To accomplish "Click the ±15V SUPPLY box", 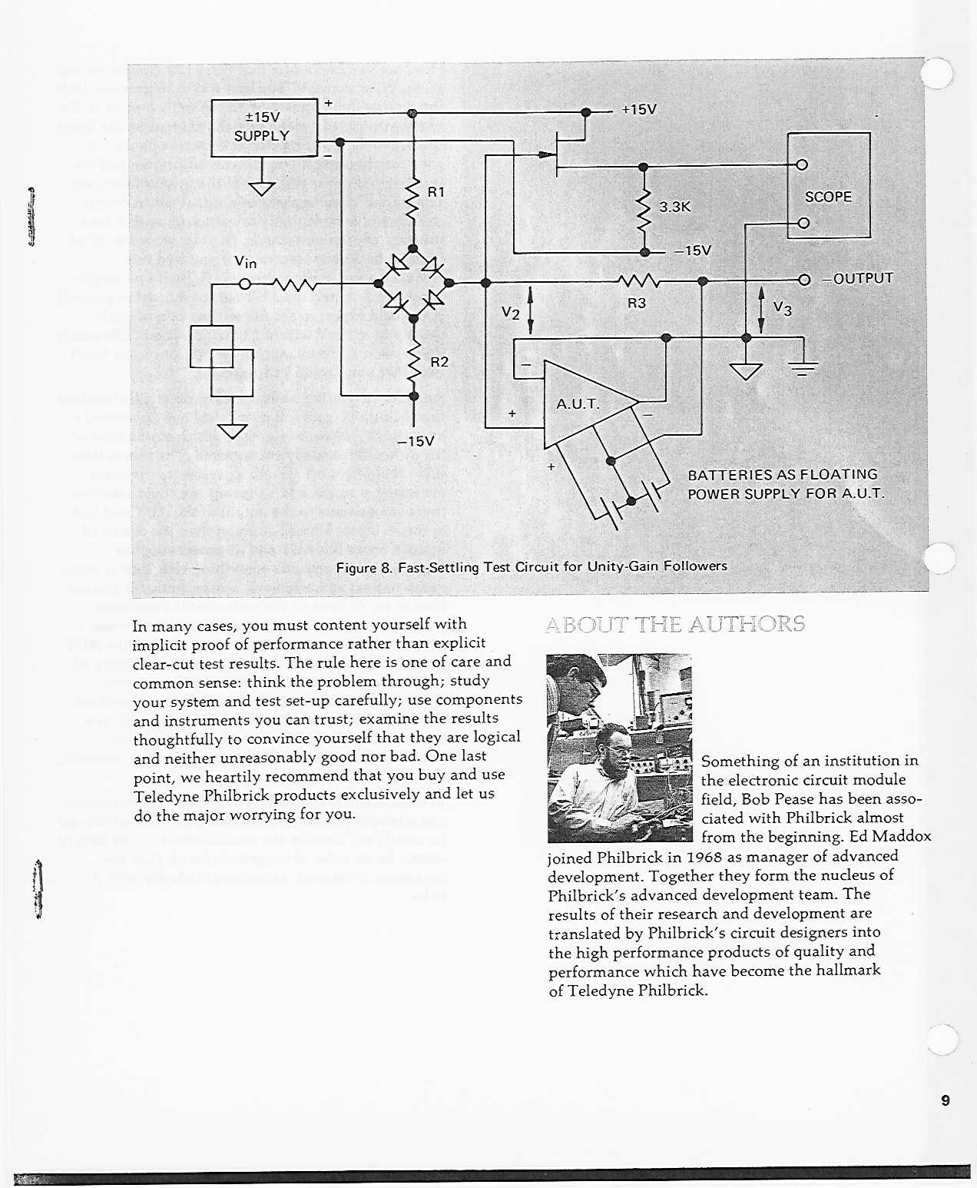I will (x=263, y=127).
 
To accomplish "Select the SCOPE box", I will (x=828, y=186).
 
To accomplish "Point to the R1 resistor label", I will (x=436, y=192).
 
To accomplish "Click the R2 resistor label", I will (x=439, y=361).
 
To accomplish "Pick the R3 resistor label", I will (x=637, y=303).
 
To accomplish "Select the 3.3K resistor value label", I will (x=675, y=207).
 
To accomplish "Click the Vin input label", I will (x=245, y=262).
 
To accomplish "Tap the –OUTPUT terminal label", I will (x=857, y=278).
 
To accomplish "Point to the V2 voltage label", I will (x=511, y=312).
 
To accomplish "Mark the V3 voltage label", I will (x=782, y=308).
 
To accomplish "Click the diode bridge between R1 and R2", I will (x=414, y=283).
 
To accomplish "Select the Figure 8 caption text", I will (x=532, y=567).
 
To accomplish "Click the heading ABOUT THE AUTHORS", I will (x=675, y=624).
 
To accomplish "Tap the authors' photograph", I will (x=619, y=748).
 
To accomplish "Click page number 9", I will (x=945, y=1100).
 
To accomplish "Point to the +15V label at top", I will (x=639, y=109).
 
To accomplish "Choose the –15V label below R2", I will (x=416, y=442).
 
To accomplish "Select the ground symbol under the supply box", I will (x=262, y=188).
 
